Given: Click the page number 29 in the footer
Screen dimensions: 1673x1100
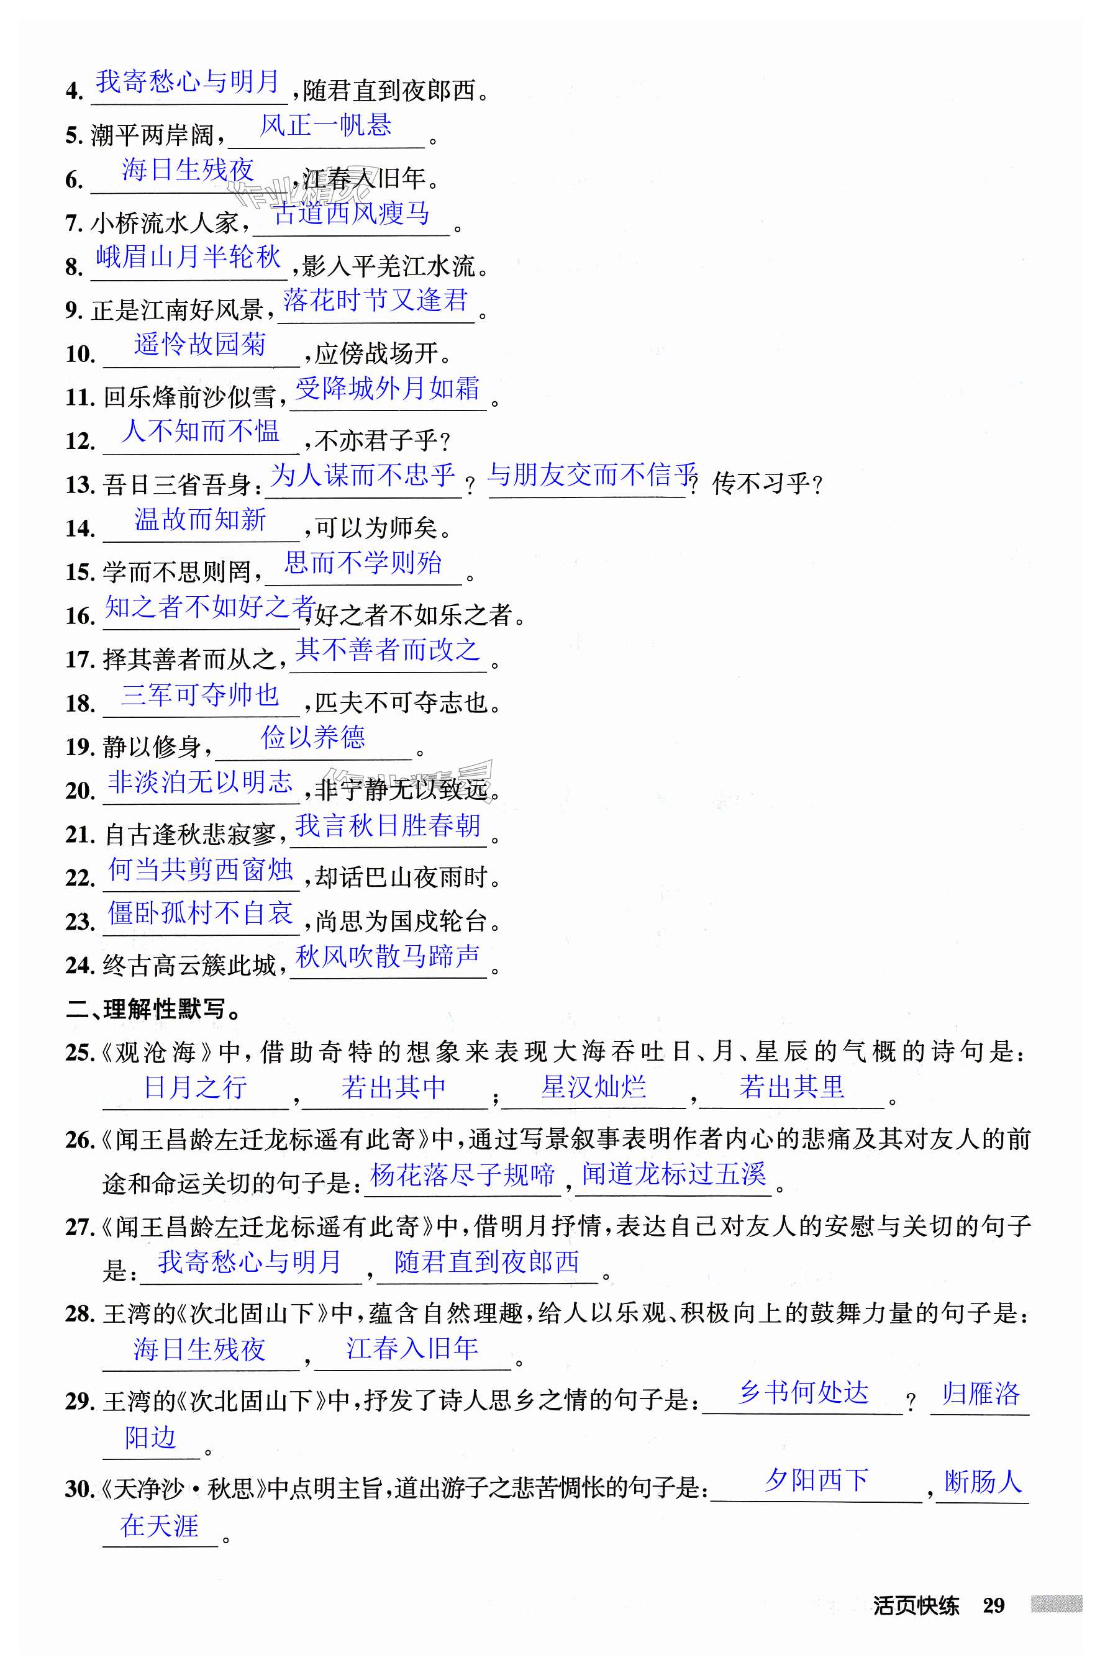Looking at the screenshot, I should point(993,1605).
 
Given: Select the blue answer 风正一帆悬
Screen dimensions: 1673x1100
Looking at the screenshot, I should point(325,126).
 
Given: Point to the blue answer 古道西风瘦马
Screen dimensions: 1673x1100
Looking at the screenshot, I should point(351,213).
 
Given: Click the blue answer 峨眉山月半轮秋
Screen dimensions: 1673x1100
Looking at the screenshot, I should point(188,256).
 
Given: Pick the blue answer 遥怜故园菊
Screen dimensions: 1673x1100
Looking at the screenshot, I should point(201,345).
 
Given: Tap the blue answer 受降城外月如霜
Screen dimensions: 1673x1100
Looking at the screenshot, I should point(388,388).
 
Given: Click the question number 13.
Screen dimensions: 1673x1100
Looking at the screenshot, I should point(80,484).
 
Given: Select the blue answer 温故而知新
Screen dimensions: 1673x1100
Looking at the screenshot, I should point(201,519).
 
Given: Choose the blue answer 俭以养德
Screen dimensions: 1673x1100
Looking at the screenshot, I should point(313,737).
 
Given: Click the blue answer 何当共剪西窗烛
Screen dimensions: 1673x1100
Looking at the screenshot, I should point(201,869).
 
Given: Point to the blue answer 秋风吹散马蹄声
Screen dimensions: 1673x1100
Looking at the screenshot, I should point(388,957).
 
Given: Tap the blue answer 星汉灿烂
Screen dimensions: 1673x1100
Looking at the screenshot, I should point(593,1087).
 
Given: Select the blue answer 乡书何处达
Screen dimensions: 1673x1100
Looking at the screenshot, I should point(802,1392).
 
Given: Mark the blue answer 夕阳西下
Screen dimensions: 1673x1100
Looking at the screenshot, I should point(816,1480).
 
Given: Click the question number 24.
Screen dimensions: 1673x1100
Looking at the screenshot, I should point(80,966).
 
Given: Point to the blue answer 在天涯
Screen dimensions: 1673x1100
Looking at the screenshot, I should point(160,1525).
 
